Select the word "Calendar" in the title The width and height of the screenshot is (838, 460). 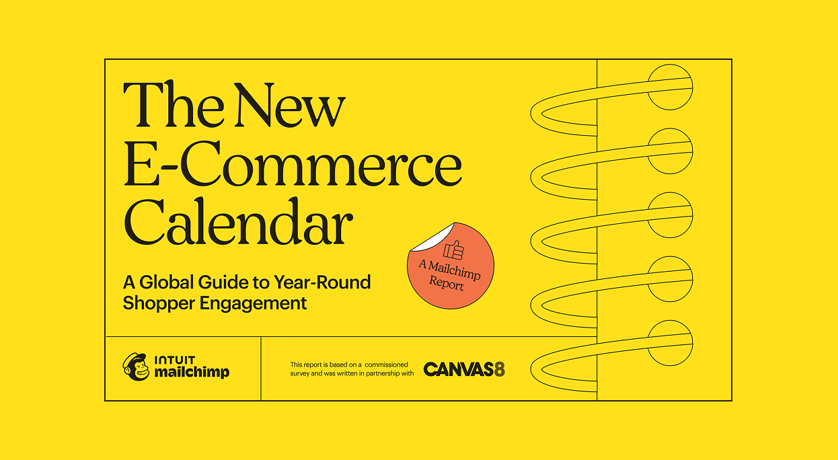point(239,223)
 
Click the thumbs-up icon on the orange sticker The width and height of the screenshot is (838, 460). point(455,250)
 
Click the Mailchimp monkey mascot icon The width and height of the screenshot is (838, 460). point(136,367)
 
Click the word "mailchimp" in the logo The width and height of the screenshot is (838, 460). point(192,372)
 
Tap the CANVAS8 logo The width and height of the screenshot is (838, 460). point(464,369)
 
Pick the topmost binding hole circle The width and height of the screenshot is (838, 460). point(669,87)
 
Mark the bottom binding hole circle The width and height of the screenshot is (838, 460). point(669,343)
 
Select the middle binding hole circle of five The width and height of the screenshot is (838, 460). point(669,215)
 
